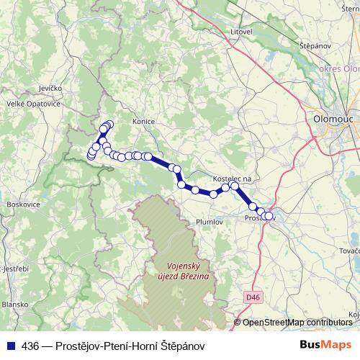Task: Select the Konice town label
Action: [144, 122]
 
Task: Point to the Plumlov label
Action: [210, 222]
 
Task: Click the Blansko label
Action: [13, 304]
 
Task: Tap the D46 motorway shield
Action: [251, 295]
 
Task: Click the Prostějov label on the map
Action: [259, 218]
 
